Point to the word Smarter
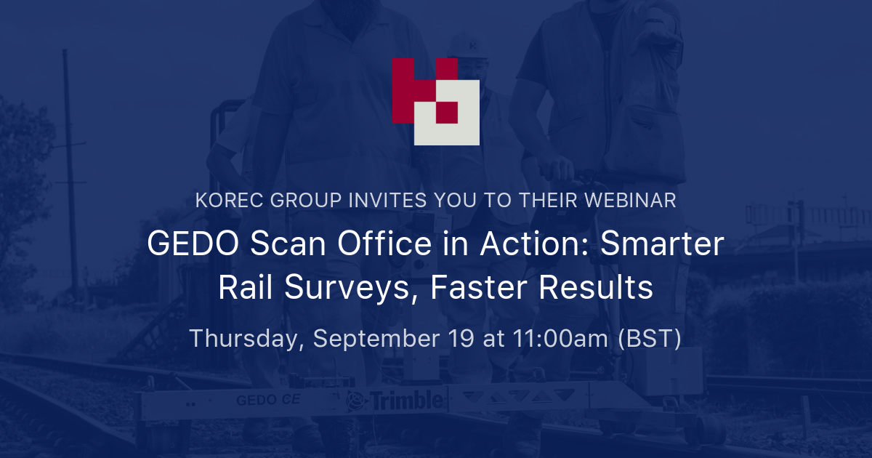(x=666, y=244)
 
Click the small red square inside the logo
(x=446, y=112)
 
